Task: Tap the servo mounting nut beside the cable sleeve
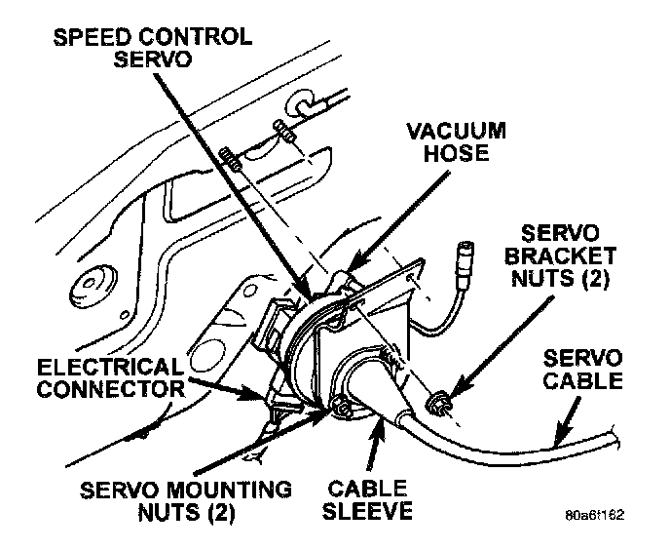339,405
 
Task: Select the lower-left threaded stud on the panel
231,156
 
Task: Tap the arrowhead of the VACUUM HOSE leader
351,263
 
